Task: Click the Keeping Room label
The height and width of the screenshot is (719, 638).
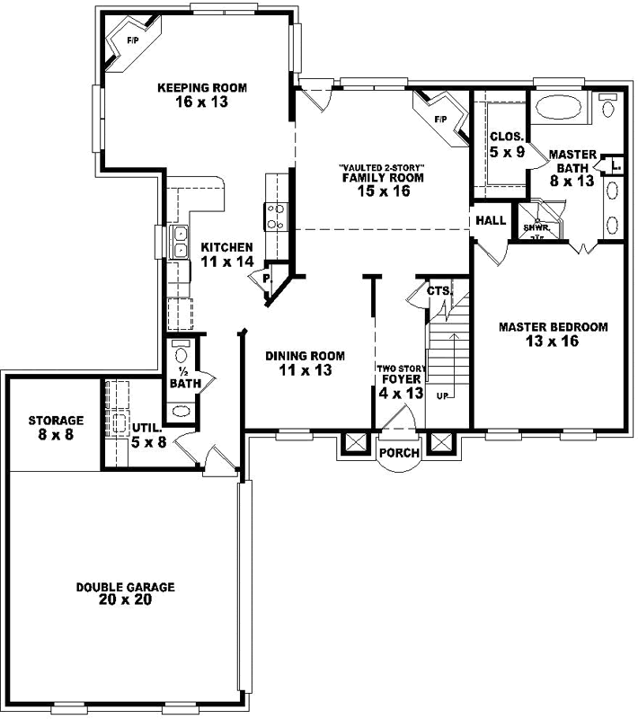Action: (x=202, y=94)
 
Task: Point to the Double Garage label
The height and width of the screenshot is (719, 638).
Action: (x=125, y=593)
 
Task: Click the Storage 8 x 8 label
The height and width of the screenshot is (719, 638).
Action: (x=55, y=426)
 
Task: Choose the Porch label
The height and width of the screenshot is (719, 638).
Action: (x=399, y=453)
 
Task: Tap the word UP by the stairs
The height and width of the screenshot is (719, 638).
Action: (x=442, y=395)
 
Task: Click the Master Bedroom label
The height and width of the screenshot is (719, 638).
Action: (x=554, y=333)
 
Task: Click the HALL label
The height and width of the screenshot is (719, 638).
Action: (x=491, y=220)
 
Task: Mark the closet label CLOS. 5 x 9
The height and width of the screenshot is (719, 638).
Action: (x=507, y=145)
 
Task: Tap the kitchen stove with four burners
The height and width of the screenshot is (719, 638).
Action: (x=274, y=217)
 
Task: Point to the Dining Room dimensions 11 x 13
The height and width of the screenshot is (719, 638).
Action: (x=305, y=370)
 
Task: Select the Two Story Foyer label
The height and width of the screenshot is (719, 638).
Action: (x=399, y=380)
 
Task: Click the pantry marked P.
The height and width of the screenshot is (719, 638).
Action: (x=266, y=279)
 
